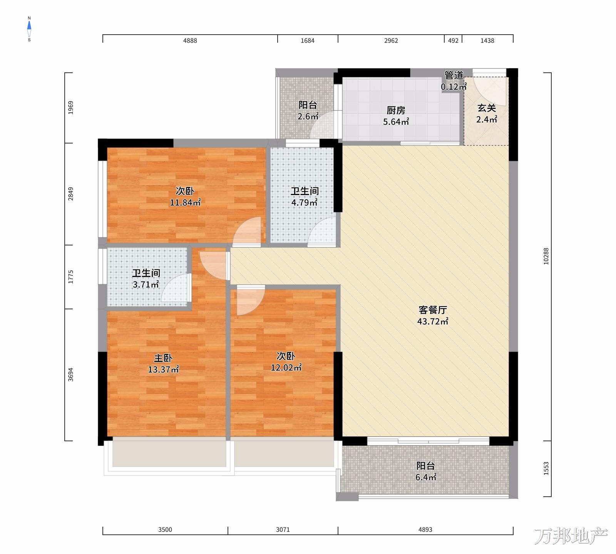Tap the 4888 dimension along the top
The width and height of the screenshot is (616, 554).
(x=190, y=41)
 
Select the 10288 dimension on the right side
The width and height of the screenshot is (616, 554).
(x=546, y=256)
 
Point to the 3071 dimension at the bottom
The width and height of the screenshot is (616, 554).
(x=283, y=530)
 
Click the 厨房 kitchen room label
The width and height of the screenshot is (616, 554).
(x=396, y=110)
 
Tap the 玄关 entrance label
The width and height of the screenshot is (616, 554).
(x=487, y=108)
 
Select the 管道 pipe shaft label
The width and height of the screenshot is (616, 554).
(x=454, y=75)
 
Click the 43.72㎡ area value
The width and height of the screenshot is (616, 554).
(x=433, y=322)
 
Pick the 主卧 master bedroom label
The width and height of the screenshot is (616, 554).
(x=163, y=358)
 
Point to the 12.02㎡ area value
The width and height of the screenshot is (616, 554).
(x=286, y=367)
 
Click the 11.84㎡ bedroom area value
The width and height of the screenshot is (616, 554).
(x=185, y=202)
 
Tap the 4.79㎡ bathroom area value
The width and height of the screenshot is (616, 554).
(x=305, y=202)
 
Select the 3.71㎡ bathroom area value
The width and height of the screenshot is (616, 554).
(x=146, y=285)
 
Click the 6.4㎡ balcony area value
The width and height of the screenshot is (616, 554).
(x=426, y=477)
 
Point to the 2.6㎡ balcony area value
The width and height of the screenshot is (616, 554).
(x=308, y=116)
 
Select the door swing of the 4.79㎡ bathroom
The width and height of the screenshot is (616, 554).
(x=322, y=231)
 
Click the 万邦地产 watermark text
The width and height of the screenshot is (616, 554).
(x=571, y=536)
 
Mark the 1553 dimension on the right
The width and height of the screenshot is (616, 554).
(x=546, y=469)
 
